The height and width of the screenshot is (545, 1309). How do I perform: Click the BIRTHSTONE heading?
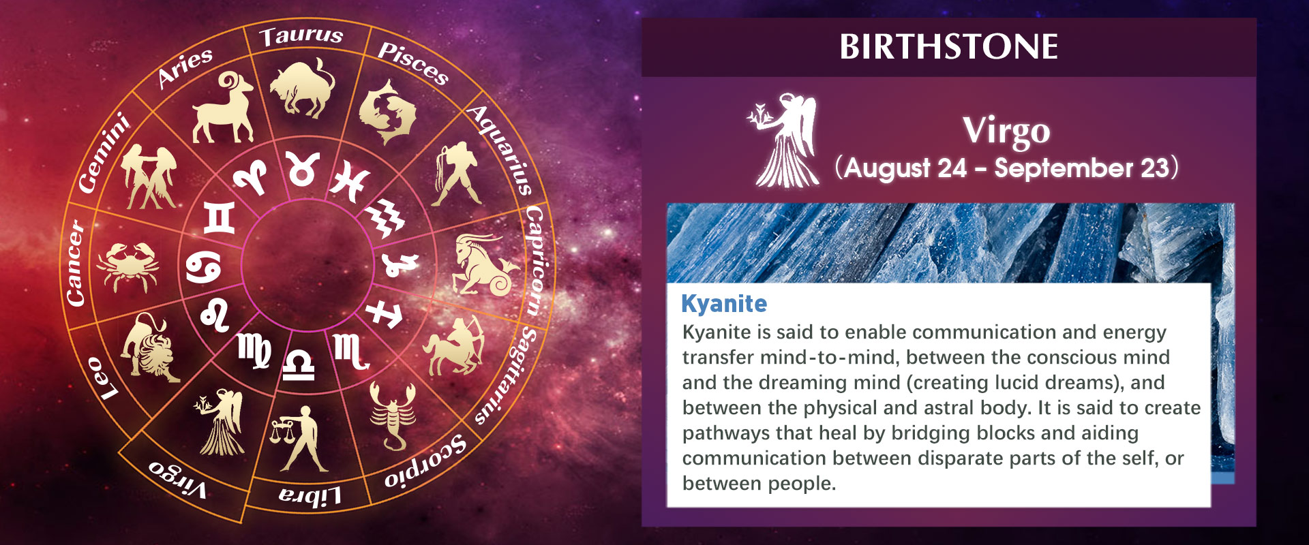[948, 47]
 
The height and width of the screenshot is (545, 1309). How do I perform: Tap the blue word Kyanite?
[724, 304]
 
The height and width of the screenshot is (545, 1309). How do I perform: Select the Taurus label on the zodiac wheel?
[301, 35]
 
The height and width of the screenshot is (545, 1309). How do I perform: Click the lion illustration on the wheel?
[149, 347]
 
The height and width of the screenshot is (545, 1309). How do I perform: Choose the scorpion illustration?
[392, 416]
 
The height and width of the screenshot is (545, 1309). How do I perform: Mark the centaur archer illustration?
[454, 345]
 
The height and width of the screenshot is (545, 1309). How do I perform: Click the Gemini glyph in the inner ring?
[220, 217]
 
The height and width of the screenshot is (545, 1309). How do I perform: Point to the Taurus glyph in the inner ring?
[302, 168]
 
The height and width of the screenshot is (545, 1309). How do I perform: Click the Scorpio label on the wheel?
[426, 461]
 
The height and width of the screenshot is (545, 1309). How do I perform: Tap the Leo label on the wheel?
[102, 378]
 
